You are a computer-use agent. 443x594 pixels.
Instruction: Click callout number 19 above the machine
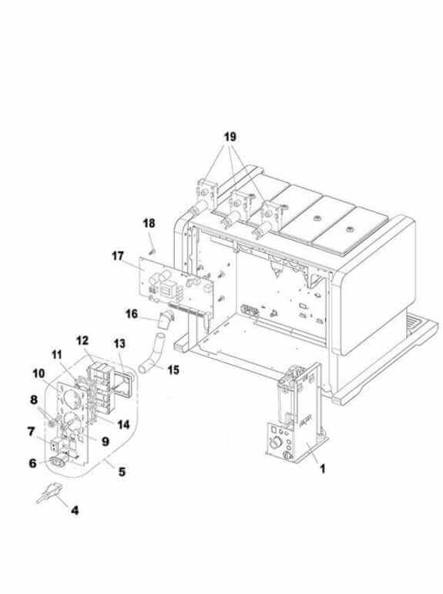click(230, 137)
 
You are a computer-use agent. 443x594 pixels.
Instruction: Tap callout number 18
click(149, 223)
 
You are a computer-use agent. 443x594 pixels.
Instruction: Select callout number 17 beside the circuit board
click(118, 256)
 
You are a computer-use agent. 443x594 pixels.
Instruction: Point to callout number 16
click(132, 314)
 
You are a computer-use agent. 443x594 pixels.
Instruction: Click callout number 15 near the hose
click(173, 370)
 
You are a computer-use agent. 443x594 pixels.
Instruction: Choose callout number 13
click(119, 343)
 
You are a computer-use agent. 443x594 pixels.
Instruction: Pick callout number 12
click(82, 340)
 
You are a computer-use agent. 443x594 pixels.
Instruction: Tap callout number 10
click(39, 374)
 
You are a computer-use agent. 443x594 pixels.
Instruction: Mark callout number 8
click(34, 400)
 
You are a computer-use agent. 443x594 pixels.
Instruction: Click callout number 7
click(31, 431)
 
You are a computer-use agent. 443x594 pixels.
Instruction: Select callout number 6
click(33, 463)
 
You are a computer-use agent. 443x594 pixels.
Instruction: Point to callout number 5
click(122, 471)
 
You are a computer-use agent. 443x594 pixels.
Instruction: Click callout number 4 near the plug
click(75, 510)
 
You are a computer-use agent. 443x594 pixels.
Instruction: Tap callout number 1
click(323, 469)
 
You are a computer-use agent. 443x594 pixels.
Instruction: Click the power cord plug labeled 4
click(49, 493)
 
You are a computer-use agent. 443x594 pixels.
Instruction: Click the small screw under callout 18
click(153, 251)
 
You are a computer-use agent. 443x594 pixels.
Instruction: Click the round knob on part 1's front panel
click(274, 443)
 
